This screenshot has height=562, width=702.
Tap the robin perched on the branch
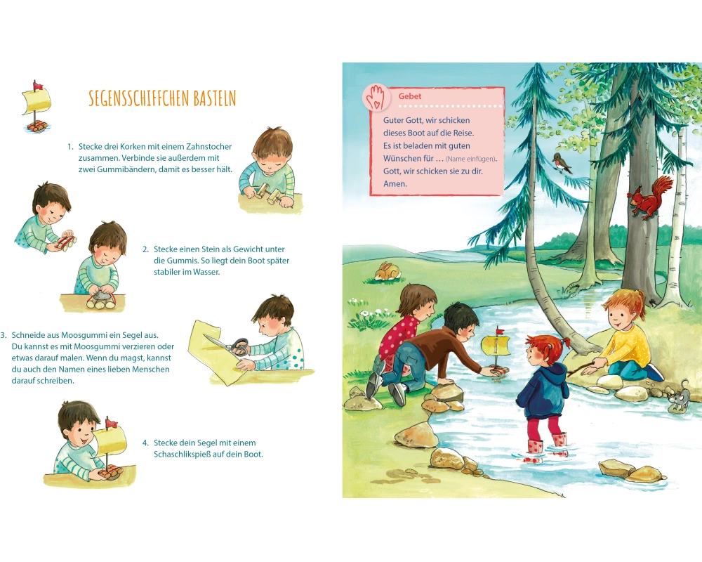point(562,163)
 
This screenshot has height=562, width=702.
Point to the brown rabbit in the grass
point(387,272)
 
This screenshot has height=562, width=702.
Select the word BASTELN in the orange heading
point(214,98)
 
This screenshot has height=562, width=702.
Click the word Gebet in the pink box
point(410,96)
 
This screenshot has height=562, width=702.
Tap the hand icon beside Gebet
point(376,96)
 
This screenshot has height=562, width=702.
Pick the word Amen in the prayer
point(395,183)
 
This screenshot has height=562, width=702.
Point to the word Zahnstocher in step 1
point(210,147)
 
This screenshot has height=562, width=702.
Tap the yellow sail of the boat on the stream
point(495,346)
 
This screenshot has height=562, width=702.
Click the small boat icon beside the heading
point(37,107)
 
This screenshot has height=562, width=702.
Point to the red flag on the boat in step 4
point(111,423)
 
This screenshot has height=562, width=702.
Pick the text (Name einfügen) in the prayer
point(470,159)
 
